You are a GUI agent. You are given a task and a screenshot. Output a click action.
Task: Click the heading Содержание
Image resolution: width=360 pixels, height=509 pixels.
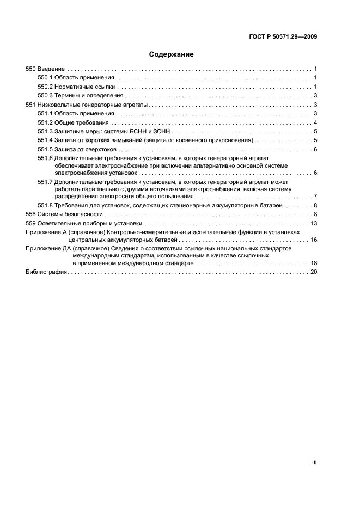(171, 54)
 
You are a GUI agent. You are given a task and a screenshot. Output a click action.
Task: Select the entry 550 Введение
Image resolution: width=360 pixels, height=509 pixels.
(46, 69)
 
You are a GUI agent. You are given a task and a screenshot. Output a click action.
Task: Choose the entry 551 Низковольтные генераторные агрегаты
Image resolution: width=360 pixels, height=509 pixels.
(88, 105)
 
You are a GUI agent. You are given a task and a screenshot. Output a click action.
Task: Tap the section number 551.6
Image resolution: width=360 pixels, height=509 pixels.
(45, 158)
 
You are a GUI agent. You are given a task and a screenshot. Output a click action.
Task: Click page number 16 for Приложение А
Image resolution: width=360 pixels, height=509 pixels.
(314, 240)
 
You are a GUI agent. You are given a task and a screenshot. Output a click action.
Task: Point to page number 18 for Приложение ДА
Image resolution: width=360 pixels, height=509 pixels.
(314, 263)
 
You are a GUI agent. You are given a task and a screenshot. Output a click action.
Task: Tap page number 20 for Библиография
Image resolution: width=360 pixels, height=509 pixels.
(314, 272)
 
